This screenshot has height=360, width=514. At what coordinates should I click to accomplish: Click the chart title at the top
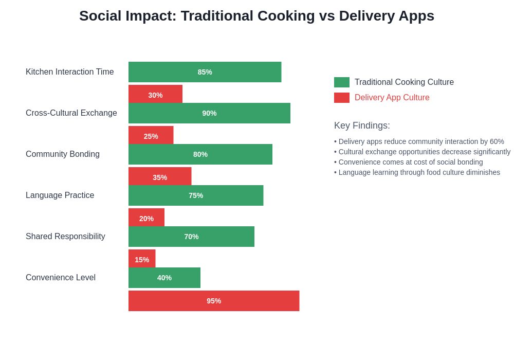(x=256, y=16)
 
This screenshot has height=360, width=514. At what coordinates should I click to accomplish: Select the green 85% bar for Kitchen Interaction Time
(x=205, y=72)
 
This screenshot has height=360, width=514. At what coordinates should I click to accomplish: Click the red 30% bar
(x=155, y=94)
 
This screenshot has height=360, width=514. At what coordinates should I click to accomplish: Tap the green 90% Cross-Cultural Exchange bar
(x=209, y=113)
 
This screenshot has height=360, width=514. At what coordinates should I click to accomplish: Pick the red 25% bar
(x=151, y=135)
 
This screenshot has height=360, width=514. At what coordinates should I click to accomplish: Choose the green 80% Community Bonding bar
(x=200, y=154)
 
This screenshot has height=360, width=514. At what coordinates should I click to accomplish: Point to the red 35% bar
(x=160, y=176)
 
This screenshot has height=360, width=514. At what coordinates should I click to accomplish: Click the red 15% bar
(x=142, y=259)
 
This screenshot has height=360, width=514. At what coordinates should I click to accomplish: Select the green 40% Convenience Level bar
(x=164, y=278)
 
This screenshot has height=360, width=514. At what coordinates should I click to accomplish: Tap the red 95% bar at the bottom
(x=214, y=301)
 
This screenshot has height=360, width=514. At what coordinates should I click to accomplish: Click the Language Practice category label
(x=60, y=195)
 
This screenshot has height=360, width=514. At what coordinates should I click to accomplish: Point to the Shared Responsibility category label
(x=65, y=237)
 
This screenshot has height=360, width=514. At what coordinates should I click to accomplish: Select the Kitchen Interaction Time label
(x=70, y=72)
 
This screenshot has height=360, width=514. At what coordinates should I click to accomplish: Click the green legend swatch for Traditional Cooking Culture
(x=342, y=82)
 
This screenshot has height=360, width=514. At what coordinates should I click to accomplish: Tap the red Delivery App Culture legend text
(x=392, y=98)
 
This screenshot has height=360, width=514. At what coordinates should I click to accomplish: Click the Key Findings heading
(x=362, y=125)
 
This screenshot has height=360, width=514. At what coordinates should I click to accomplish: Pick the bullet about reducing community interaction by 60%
(x=419, y=141)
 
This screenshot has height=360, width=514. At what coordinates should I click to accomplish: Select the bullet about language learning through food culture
(x=417, y=172)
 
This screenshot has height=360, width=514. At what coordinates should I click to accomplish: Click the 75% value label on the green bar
(x=196, y=195)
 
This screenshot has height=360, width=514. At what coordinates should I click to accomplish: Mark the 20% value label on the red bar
(x=146, y=219)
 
